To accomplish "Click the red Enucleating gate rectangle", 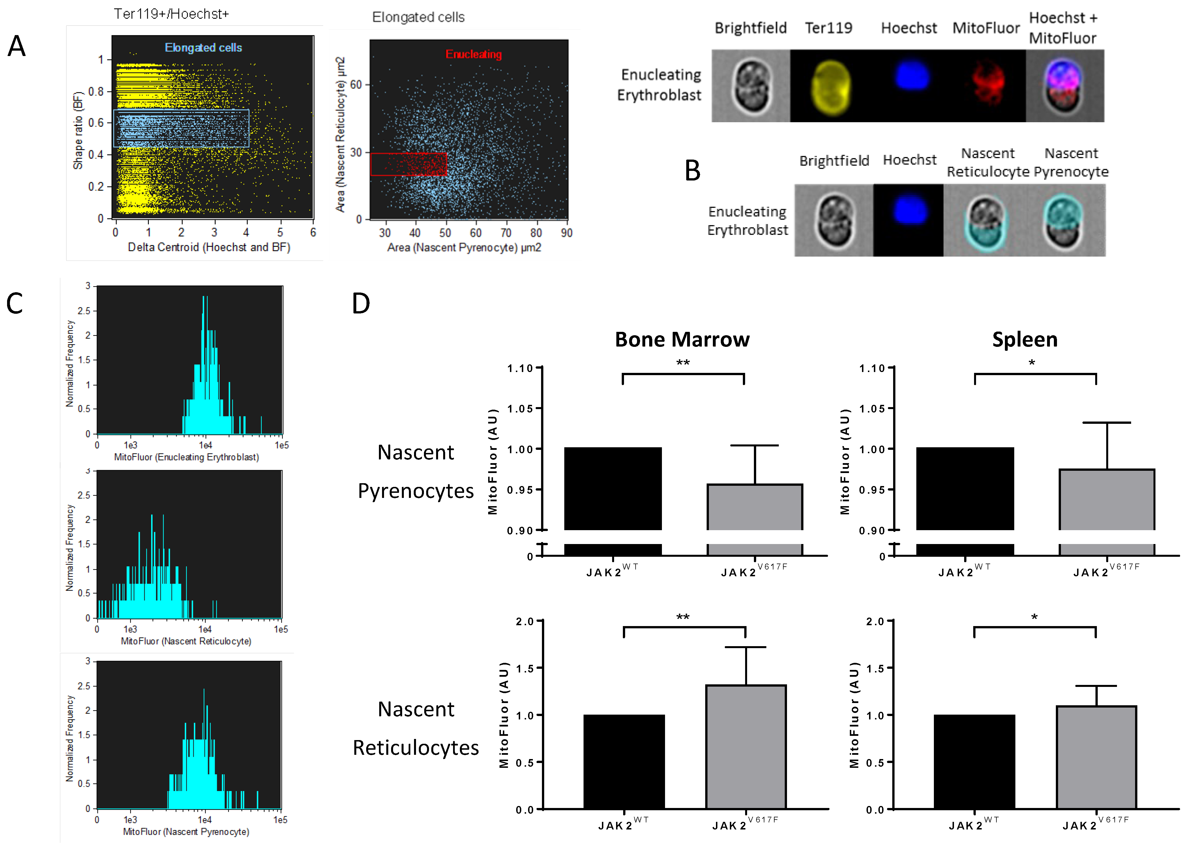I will pyautogui.click(x=408, y=164).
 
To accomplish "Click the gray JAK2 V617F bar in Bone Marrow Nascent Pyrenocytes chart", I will pyautogui.click(x=754, y=507).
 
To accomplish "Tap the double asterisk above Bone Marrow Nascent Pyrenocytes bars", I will pyautogui.click(x=683, y=362).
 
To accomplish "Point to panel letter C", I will pyautogui.click(x=15, y=304).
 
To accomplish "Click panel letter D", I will pyautogui.click(x=361, y=304).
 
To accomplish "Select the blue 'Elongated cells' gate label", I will pyautogui.click(x=203, y=48).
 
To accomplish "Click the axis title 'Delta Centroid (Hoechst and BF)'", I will pyautogui.click(x=209, y=247).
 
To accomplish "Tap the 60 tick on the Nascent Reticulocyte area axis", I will pyautogui.click(x=356, y=85).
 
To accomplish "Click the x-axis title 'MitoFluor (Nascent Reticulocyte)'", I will pyautogui.click(x=186, y=641).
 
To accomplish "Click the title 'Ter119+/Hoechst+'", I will pyautogui.click(x=171, y=14).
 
